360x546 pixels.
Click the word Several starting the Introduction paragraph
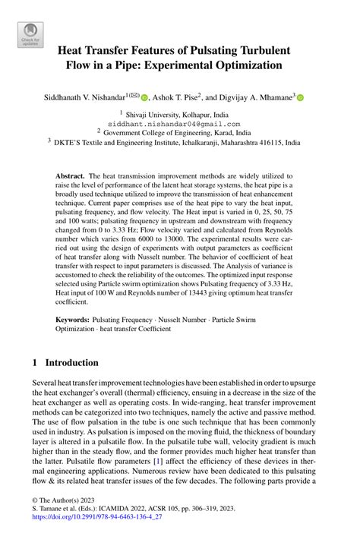coord(48,384)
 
